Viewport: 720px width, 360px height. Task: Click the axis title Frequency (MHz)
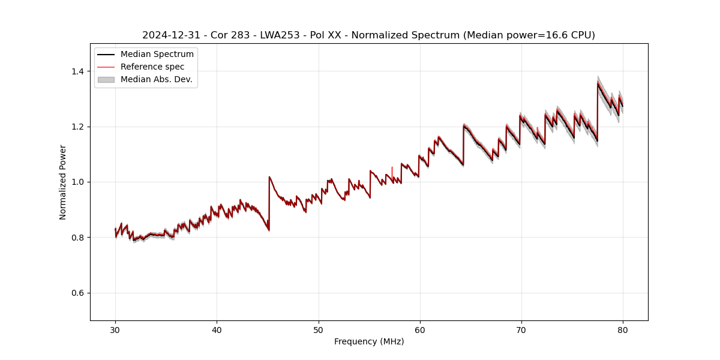tap(369, 341)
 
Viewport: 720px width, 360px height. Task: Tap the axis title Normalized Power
tap(63, 182)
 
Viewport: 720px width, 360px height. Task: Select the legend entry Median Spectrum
tap(157, 55)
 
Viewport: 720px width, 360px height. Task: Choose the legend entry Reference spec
tap(152, 67)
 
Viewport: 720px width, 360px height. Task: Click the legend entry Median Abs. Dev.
tap(156, 79)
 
